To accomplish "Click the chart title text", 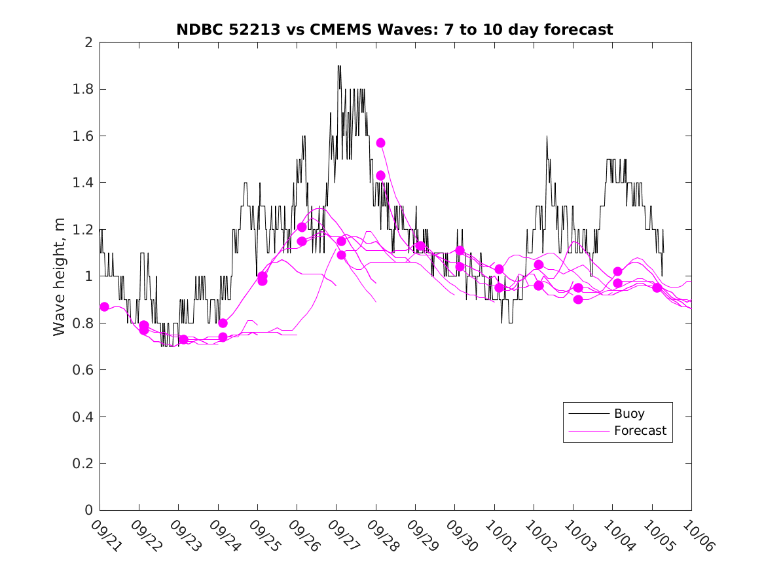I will pos(395,29).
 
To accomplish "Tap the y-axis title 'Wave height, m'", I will pos(60,276).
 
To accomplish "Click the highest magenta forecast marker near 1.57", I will pos(380,143).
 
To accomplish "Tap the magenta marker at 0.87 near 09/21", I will pos(104,306).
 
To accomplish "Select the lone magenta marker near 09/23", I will pos(183,339).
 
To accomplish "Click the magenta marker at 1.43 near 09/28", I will pos(380,176).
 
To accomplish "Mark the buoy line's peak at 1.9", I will pos(339,66).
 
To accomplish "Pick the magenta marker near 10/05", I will pos(657,287).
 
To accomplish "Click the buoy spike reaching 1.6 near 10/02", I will pos(547,136).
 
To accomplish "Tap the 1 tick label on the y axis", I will pos(88,276).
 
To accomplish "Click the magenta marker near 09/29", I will pos(420,246).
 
